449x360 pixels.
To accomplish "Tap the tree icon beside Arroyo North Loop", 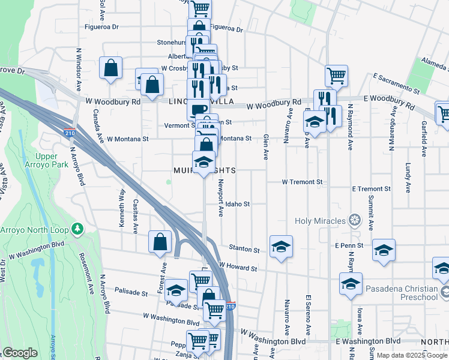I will [x=77, y=229].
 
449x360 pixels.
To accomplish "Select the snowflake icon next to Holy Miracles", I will [x=355, y=221].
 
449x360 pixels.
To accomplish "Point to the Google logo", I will [x=20, y=353].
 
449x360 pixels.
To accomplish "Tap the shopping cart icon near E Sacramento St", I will [x=336, y=75].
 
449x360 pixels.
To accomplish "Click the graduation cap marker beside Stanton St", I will [x=280, y=247].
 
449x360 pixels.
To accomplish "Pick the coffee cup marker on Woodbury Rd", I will [x=199, y=109].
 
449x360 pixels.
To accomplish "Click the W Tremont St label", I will [x=303, y=182].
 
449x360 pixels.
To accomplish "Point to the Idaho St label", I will [x=238, y=204].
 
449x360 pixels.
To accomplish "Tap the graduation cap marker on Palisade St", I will [x=175, y=290].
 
